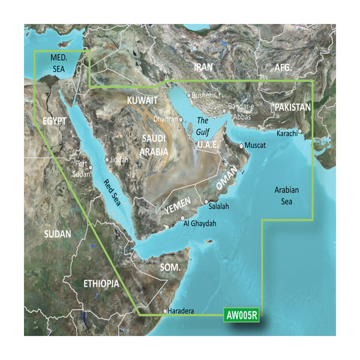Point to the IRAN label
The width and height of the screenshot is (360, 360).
pos(204,68)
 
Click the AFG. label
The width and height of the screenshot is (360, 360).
pos(283,68)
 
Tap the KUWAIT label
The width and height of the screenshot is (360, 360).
pos(143,99)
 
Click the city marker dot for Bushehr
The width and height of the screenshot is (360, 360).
pos(188,95)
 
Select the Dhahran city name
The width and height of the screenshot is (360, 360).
pos(165,119)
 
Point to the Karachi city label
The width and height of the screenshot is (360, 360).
pos(287,133)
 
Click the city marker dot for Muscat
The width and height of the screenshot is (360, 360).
pos(241,146)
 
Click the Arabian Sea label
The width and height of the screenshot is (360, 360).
pos(287,196)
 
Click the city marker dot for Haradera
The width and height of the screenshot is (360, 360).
pos(166,311)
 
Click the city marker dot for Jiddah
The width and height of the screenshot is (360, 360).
pos(107,160)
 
